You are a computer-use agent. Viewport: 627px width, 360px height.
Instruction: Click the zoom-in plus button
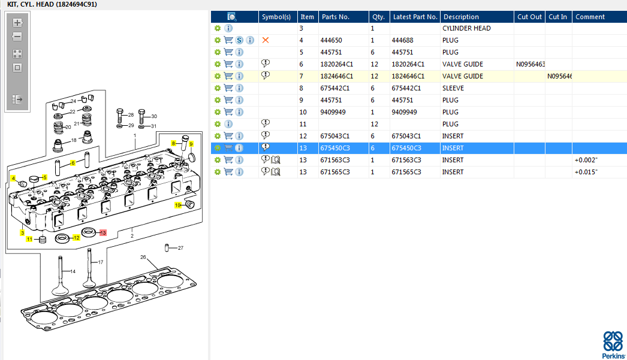(17, 23)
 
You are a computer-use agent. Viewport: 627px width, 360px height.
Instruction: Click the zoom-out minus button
(17, 37)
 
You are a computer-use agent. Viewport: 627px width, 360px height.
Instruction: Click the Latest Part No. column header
(415, 17)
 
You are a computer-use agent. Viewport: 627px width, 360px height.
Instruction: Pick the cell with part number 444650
(331, 40)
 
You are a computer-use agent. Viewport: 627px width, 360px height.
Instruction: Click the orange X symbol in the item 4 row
(265, 40)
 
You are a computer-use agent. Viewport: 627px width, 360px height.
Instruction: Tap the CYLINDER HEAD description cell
(466, 28)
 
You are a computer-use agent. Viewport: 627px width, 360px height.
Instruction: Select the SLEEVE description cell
(453, 88)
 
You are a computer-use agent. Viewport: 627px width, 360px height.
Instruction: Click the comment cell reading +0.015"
(586, 172)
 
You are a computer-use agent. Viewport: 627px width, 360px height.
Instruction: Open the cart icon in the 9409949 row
(228, 112)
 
